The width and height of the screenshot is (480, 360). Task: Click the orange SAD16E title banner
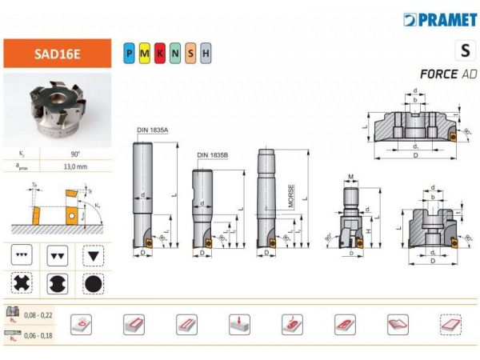tap(55, 54)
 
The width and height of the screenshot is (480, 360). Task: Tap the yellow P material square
tap(130, 54)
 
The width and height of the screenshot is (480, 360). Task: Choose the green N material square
tap(175, 54)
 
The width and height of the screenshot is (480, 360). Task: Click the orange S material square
tap(190, 54)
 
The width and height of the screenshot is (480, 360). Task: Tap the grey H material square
tap(206, 54)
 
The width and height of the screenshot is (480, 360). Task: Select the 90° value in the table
tap(71, 151)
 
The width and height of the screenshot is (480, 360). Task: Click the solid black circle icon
tap(93, 283)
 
